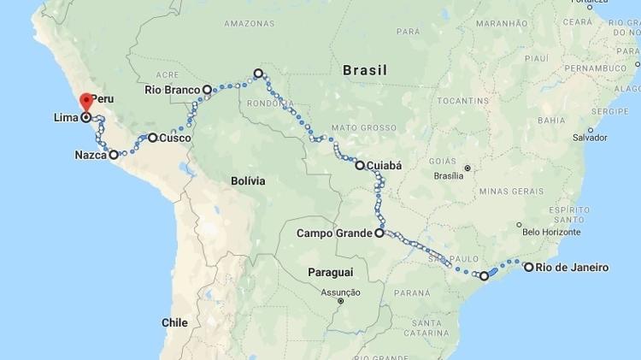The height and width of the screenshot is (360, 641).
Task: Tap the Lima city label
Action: (x=66, y=117)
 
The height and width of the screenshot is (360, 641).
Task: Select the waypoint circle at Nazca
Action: (x=114, y=155)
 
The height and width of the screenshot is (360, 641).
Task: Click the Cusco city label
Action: (x=175, y=138)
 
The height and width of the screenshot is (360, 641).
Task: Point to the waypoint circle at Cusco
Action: (x=153, y=137)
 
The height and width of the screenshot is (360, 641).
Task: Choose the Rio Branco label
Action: (x=172, y=89)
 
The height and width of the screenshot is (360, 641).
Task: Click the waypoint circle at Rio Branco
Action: (x=207, y=89)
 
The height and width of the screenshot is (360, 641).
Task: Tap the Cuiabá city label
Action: (x=385, y=165)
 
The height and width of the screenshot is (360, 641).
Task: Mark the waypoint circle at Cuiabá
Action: (x=360, y=165)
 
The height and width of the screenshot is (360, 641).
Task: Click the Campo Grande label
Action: (x=333, y=233)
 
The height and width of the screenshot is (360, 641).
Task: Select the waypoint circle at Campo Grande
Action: (x=379, y=232)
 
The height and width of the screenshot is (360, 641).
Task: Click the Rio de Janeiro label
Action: (x=573, y=268)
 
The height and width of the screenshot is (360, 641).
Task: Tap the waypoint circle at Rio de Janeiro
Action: (x=529, y=267)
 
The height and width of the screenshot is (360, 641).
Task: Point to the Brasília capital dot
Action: (x=468, y=168)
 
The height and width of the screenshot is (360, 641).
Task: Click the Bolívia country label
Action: (x=248, y=181)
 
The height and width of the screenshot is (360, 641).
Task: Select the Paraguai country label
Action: (x=330, y=272)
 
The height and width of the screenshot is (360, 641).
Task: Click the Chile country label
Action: (x=174, y=322)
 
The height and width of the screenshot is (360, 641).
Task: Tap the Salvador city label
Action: (x=590, y=137)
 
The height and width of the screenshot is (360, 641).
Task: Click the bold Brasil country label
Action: (x=365, y=70)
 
